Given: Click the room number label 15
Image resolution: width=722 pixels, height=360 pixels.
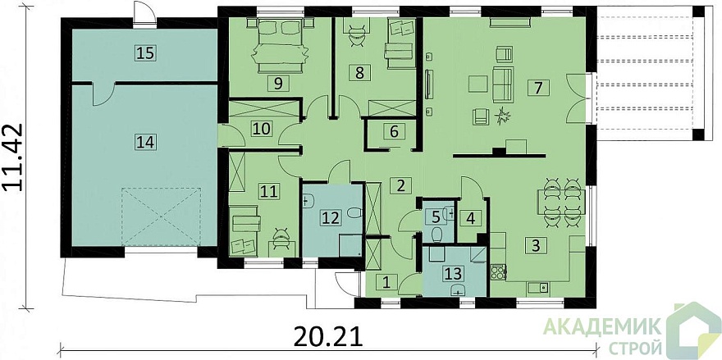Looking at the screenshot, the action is pyautogui.click(x=144, y=53).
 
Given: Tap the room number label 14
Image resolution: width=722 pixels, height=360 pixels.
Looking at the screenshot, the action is pyautogui.click(x=144, y=141).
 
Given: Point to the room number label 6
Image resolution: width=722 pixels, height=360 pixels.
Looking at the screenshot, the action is pyautogui.click(x=394, y=131).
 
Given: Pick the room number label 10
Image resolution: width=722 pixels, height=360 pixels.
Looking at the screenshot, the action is pyautogui.click(x=262, y=129).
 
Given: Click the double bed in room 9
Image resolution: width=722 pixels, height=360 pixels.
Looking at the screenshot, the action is pyautogui.click(x=279, y=45).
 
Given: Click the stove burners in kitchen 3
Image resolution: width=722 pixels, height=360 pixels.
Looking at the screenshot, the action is pyautogui.click(x=498, y=271).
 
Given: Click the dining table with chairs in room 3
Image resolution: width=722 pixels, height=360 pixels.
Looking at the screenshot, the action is pyautogui.click(x=561, y=202).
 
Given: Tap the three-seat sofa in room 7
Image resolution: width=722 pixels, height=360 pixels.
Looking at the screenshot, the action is pyautogui.click(x=502, y=84).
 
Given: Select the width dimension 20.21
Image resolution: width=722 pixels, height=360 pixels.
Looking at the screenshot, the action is pyautogui.click(x=328, y=337).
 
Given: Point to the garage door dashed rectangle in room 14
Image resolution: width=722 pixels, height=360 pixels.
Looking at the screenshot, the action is pyautogui.click(x=162, y=216).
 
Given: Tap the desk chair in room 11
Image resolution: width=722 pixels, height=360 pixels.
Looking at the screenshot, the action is pyautogui.click(x=281, y=239).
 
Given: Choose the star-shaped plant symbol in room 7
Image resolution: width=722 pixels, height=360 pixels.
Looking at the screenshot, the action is pyautogui.click(x=501, y=116).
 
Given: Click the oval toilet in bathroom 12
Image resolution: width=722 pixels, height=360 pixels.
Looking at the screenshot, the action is pyautogui.click(x=354, y=213).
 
